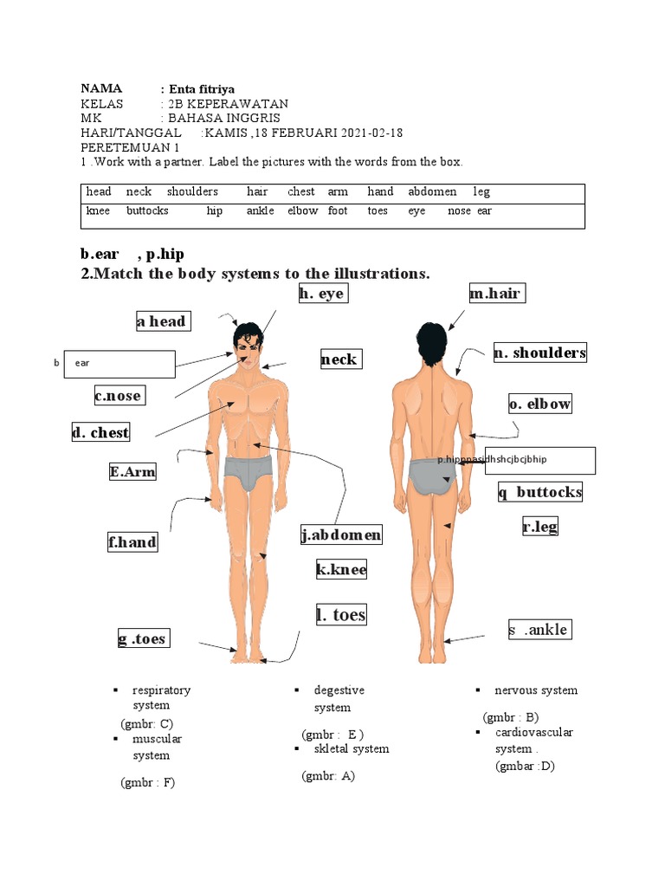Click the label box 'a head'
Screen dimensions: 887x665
(x=162, y=321)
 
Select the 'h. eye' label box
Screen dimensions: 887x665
(x=321, y=294)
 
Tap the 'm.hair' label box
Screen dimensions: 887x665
(x=496, y=294)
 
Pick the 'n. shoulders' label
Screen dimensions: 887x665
(x=539, y=352)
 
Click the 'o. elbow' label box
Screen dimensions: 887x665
(x=540, y=404)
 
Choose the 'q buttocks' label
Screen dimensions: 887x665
(x=539, y=492)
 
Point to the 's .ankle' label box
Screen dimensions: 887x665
(x=539, y=630)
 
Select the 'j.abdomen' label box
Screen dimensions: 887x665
(x=341, y=535)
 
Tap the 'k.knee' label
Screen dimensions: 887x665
(x=341, y=569)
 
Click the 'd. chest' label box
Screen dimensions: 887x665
(x=101, y=432)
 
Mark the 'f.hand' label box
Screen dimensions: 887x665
(x=132, y=542)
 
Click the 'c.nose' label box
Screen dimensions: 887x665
(x=119, y=396)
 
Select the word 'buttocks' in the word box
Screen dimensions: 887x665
(x=147, y=210)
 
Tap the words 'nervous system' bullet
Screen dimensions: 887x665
(x=535, y=690)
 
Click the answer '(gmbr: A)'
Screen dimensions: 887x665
(x=328, y=776)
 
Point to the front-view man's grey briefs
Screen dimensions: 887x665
(x=249, y=473)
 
